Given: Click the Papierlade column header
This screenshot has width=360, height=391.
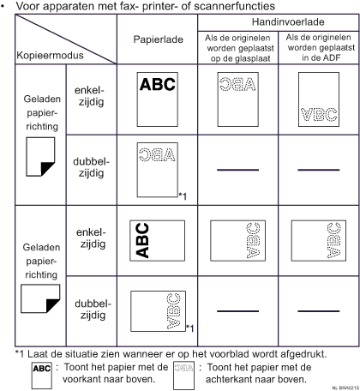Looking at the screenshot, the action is [158, 39].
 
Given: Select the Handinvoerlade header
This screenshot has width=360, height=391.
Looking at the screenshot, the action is [288, 22].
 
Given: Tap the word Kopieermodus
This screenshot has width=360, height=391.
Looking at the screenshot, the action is [50, 55].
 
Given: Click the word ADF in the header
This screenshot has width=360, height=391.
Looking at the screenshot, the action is [331, 57].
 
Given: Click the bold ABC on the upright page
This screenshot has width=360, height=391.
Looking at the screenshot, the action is [158, 84].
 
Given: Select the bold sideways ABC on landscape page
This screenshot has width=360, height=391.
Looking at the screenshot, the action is [142, 241].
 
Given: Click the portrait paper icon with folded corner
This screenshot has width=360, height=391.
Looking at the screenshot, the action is [40, 157].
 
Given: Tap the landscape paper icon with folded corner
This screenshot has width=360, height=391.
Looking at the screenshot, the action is [40, 298].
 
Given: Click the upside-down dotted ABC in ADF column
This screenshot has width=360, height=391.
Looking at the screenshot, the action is [319, 114].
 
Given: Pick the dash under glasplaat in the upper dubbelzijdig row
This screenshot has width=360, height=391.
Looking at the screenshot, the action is [237, 170].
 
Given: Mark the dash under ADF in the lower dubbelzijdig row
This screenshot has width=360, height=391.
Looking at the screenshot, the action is [319, 311].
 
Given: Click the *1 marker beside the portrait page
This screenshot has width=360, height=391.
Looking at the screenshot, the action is [183, 196].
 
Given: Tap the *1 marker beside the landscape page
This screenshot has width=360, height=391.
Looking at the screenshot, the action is [190, 328].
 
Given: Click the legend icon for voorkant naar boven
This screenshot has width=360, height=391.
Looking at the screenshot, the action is [42, 376].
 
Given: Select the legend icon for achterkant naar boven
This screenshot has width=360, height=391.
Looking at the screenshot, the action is [183, 376].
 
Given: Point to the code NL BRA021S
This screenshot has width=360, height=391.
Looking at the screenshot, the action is [345, 388].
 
